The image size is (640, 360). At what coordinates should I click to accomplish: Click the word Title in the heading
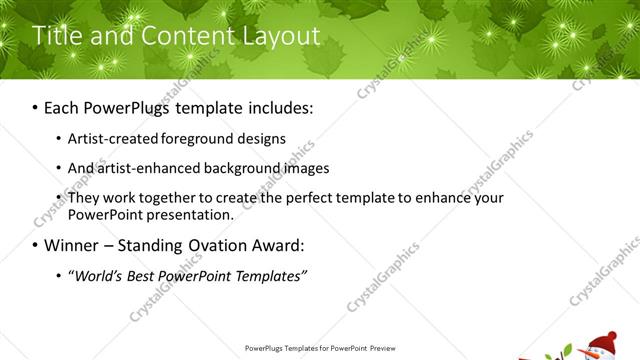coord(56,36)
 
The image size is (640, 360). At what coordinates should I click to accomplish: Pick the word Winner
coord(76,245)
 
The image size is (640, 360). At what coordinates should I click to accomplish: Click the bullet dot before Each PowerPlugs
coord(36,105)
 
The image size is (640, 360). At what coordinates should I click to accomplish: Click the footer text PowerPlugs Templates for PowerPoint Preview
coord(320,348)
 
